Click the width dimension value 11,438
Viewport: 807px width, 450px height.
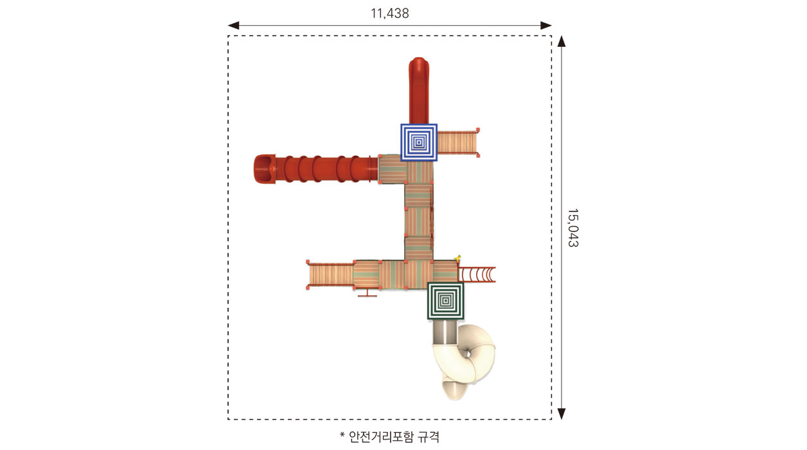coord(390,14)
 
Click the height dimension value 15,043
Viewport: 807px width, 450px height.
coord(573,228)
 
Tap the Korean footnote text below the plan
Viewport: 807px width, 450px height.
coord(389,437)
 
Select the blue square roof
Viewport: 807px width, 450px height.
coord(419,143)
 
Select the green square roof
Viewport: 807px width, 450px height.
coord(446,301)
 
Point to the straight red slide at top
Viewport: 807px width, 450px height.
coord(419,90)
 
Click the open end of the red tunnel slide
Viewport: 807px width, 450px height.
coord(265,168)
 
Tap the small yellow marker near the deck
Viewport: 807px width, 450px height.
coord(458,258)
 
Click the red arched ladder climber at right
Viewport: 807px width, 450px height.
coord(477,274)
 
